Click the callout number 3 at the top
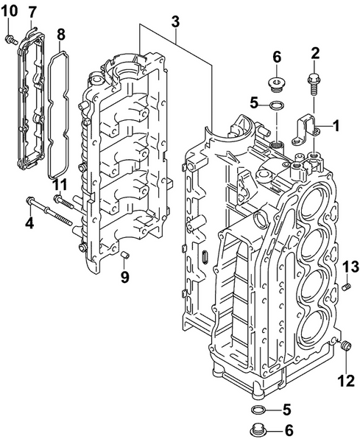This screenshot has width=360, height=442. click(175, 23)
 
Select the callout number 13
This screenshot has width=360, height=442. click(350, 266)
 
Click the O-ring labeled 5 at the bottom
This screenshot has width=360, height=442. click(258, 410)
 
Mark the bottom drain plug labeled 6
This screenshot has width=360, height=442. click(258, 430)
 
